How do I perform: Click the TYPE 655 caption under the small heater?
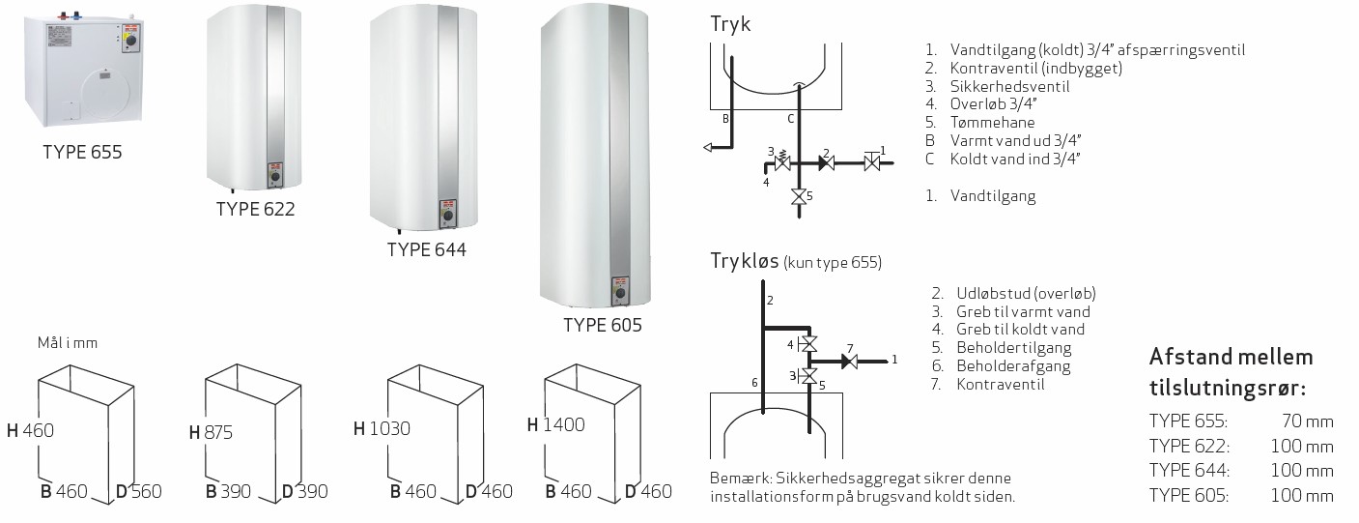(82, 152)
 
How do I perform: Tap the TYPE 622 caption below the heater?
(255, 209)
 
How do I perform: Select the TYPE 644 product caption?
(427, 249)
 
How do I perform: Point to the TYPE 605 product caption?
(603, 325)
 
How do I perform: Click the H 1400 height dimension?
(555, 424)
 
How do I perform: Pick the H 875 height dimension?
(211, 432)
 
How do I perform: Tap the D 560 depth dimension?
(138, 491)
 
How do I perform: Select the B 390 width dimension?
(228, 491)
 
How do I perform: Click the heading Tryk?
(730, 24)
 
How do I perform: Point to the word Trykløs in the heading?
(745, 261)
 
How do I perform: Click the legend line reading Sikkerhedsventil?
(1009, 86)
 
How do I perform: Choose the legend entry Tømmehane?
(993, 122)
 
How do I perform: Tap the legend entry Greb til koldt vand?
(1021, 330)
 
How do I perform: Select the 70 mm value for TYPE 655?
(1308, 421)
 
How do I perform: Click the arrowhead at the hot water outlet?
(707, 147)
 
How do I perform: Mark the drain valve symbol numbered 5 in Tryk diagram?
(799, 197)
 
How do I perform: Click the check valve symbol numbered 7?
(849, 362)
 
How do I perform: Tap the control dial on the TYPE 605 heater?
(620, 293)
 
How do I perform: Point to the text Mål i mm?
(68, 343)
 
